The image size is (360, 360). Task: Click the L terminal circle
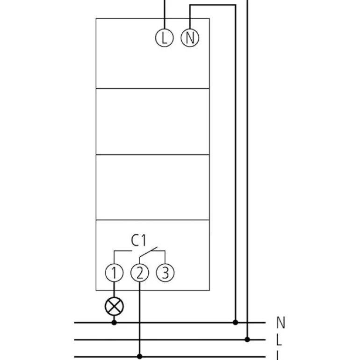pos(164,38)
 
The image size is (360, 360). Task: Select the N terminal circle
pos(189,38)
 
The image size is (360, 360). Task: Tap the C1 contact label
pos(139,241)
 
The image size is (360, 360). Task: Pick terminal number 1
pos(114,272)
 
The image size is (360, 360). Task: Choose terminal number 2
pos(139,272)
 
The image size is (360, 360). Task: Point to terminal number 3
pos(165,272)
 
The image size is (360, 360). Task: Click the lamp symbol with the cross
pos(114,307)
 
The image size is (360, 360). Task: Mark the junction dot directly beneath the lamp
pos(114,322)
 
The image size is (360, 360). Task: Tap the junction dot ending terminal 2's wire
pos(139,356)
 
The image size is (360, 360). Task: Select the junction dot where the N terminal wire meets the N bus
pos(235,322)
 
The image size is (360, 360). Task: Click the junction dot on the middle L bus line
pos(247,339)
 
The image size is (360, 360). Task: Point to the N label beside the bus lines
pos(281,323)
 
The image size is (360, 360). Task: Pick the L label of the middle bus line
pos(280,340)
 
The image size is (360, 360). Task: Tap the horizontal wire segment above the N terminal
pos(213,5)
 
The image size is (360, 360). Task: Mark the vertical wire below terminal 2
pos(139,318)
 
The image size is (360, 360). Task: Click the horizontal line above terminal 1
pos(123,251)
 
